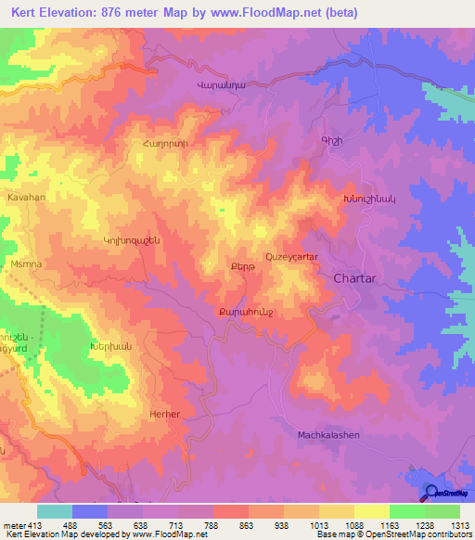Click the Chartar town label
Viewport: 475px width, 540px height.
coord(354,276)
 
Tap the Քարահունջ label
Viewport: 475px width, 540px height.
coord(245,311)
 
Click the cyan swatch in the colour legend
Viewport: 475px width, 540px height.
coord(54,511)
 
